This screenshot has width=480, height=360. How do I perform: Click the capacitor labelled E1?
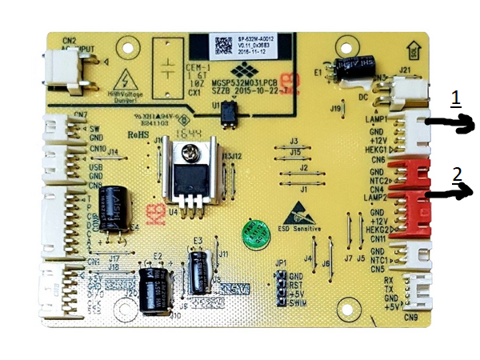(353, 71)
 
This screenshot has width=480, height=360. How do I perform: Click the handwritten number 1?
(454, 98)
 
